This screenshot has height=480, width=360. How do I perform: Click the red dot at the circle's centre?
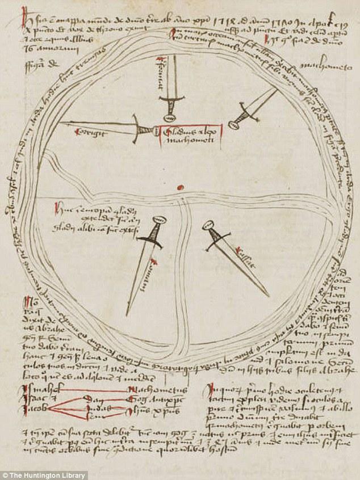click(181, 187)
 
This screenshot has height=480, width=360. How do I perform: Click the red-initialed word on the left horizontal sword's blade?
click(85, 132)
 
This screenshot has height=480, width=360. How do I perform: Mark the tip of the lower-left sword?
click(127, 314)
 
